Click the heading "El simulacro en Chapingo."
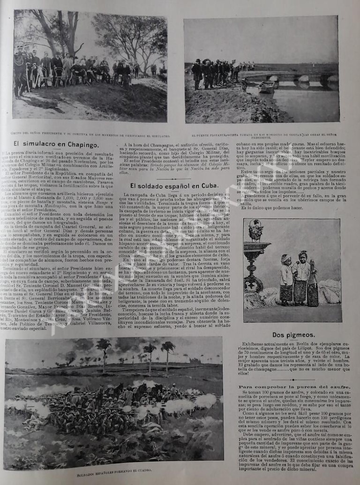click(56, 144)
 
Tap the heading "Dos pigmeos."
click(292, 335)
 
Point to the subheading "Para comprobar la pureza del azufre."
click(292, 387)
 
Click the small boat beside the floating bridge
click(267, 86)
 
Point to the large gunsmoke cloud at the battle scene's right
click(204, 401)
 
